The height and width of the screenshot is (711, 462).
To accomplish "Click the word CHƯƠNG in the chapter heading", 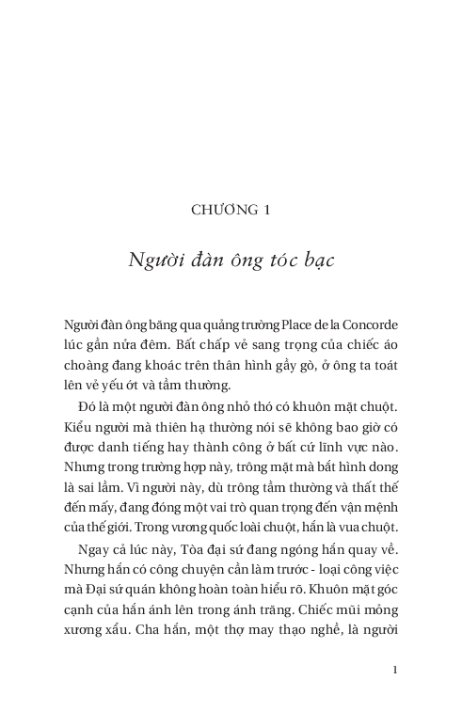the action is [x=222, y=211].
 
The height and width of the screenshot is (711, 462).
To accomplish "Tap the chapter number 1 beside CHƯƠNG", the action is [x=267, y=211].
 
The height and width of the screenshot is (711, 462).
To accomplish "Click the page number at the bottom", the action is [x=395, y=670].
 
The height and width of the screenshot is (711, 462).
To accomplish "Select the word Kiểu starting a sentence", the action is [x=80, y=426].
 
